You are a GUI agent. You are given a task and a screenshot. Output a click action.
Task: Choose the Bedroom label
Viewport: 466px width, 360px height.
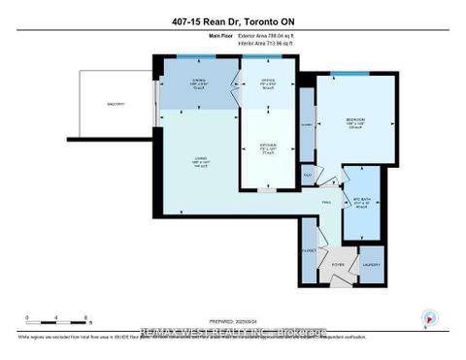click(355, 123)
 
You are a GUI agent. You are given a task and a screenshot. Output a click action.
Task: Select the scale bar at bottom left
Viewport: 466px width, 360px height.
click(58, 320)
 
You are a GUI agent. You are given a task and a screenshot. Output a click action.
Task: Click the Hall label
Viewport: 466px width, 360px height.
click(326, 203)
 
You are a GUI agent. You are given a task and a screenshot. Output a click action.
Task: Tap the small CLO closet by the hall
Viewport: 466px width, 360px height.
click(308, 175)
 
